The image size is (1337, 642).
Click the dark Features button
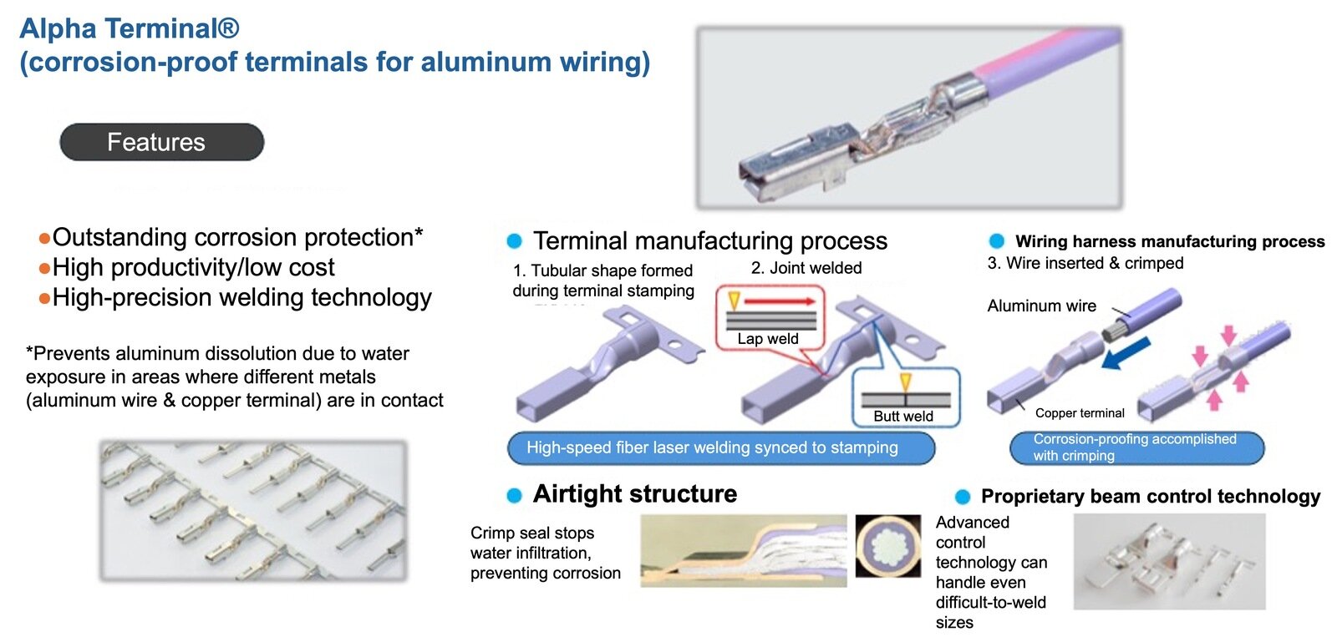[161, 142]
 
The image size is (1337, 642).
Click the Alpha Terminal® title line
[130, 28]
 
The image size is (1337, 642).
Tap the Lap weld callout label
[767, 339]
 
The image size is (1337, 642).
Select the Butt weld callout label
[902, 416]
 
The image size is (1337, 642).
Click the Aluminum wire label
[1041, 306]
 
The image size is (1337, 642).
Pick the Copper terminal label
[1079, 413]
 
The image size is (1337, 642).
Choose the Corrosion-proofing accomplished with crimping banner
[1136, 447]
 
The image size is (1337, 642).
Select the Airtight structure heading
[634, 494]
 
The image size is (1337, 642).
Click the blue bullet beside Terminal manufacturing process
[515, 241]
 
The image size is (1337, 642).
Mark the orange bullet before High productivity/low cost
[44, 269]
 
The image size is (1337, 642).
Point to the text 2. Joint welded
[806, 268]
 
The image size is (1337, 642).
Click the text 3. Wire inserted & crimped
[1085, 264]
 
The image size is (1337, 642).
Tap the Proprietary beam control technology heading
[1150, 497]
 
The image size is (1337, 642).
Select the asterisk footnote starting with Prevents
[234, 377]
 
